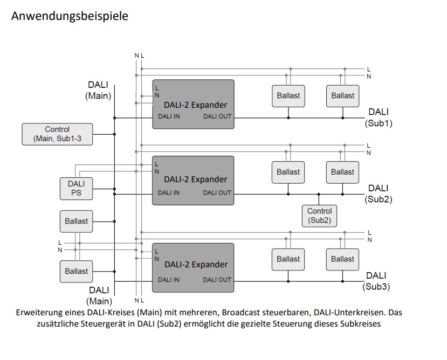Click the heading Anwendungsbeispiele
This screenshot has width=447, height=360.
pos(70,16)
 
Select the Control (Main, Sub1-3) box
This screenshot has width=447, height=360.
pos(57,134)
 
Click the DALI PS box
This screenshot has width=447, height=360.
pos(76,188)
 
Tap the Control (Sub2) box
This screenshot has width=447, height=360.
pos(319,216)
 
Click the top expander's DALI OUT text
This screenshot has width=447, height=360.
pos(217,116)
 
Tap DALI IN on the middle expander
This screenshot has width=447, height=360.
pos(169,193)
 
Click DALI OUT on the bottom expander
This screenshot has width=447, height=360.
pos(217,280)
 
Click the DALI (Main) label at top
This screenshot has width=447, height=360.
pos(98,90)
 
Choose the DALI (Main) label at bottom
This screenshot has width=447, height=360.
pos(99,296)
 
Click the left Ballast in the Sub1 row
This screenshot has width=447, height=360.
pos(288,95)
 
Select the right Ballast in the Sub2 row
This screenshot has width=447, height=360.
pos(342,172)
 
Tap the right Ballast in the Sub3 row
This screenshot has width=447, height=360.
pos(342,259)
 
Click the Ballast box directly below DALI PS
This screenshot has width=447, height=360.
pos(76,221)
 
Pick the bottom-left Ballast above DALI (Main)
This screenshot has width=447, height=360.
pos(76,271)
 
